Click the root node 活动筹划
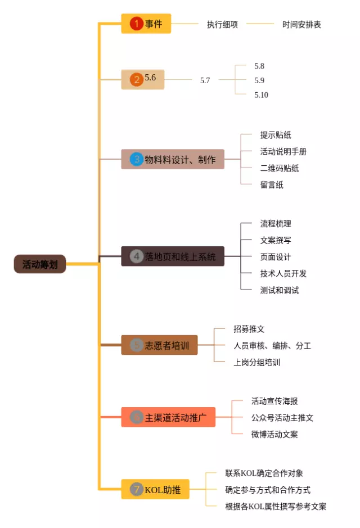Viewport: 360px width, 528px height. [x=40, y=264]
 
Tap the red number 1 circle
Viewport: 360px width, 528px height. [x=136, y=24]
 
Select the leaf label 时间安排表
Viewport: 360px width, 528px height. [x=301, y=24]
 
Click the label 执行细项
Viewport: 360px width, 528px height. [x=222, y=24]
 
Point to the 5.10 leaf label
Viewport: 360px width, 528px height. [x=261, y=95]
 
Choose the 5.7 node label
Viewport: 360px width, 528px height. [x=205, y=80]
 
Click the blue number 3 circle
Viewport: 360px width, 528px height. [x=136, y=159]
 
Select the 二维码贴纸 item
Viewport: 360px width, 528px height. [x=280, y=168]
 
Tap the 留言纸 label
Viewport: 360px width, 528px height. [x=272, y=184]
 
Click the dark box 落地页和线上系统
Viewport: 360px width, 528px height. [x=173, y=256]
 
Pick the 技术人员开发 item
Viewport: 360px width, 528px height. [x=283, y=273]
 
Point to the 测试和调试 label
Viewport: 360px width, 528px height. [x=280, y=290]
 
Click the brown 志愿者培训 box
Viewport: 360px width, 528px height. [x=159, y=345]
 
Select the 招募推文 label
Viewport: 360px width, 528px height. [x=249, y=329]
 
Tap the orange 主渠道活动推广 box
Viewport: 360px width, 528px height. [x=168, y=417]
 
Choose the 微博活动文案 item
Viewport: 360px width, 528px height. [x=274, y=434]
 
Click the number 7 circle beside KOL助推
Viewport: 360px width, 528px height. [x=136, y=489]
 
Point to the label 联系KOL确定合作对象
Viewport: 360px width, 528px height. [x=264, y=473]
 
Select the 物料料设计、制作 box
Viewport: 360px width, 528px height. [x=173, y=159]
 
